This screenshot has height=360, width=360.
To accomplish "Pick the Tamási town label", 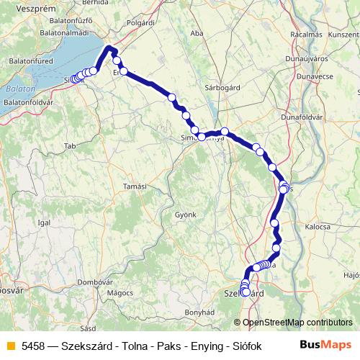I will [135, 186].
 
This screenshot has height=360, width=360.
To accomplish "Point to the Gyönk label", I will [186, 215].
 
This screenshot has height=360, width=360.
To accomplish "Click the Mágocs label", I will [120, 293].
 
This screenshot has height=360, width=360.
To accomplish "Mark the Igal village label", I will [44, 223].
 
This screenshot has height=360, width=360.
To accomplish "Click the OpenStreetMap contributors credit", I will [298, 323].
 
